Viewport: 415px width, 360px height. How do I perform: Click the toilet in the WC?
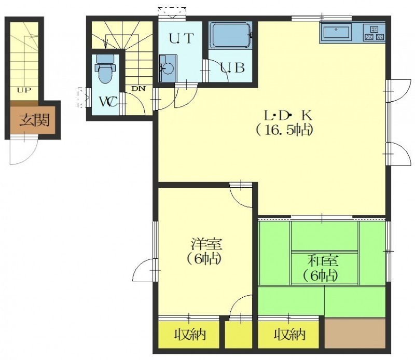point(106,68)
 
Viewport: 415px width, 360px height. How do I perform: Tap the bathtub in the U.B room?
point(230,35)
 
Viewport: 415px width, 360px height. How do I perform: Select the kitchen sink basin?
point(336,32)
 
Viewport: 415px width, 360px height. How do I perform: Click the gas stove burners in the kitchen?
point(374,33)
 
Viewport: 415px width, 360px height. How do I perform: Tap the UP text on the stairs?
point(24,90)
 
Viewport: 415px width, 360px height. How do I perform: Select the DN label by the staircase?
point(139,89)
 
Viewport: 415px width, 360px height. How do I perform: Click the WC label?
point(108,101)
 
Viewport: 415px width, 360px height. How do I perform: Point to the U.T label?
point(181,39)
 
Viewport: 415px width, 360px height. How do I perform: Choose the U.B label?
point(232,68)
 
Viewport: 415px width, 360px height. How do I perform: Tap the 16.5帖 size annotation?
point(284,130)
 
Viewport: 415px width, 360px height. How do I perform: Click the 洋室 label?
point(207,244)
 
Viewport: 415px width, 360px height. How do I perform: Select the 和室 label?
point(323,260)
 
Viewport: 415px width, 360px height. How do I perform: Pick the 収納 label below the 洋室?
point(190,335)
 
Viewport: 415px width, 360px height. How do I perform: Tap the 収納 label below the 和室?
point(289,335)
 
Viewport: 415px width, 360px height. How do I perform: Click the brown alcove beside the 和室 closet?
point(355,333)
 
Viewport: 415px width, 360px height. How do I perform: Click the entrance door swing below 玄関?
point(23,151)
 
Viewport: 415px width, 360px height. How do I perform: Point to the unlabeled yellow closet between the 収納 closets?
point(239,335)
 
